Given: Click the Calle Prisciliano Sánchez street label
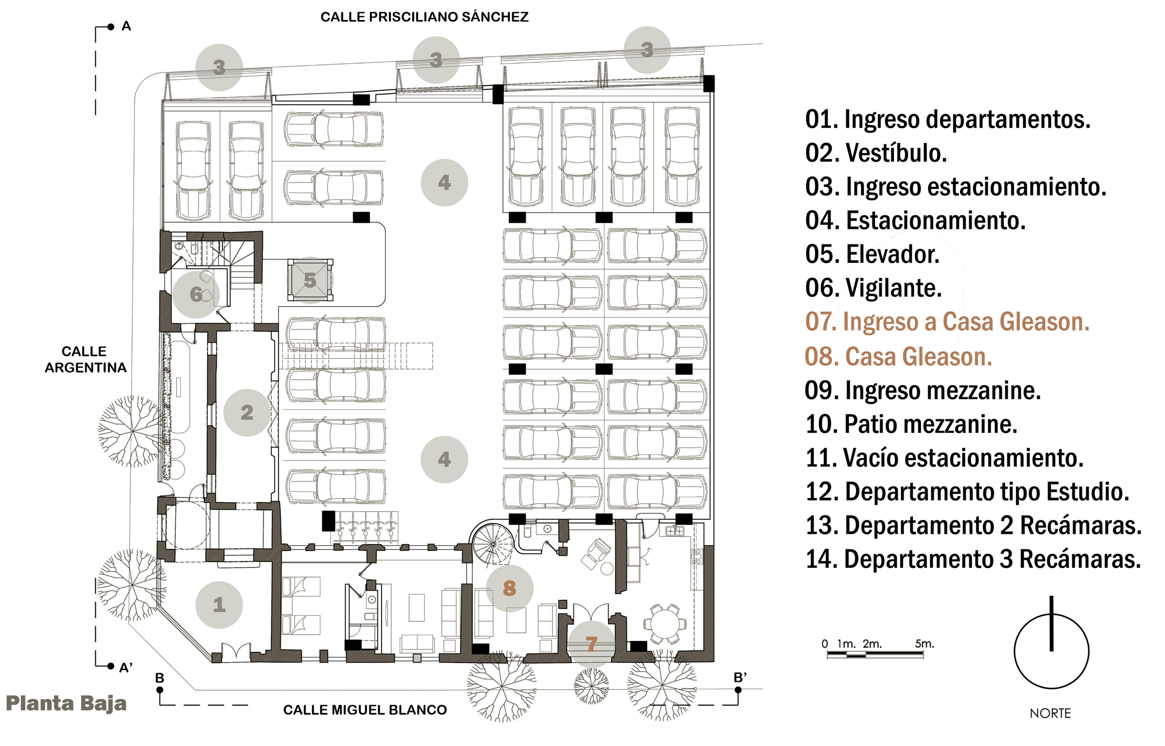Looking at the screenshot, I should pyautogui.click(x=424, y=17).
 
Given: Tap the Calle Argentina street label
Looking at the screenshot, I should pyautogui.click(x=85, y=359).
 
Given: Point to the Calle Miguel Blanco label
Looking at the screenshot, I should pyautogui.click(x=365, y=710).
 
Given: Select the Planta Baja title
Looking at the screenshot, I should pyautogui.click(x=66, y=703).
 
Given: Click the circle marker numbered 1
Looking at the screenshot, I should pyautogui.click(x=219, y=604).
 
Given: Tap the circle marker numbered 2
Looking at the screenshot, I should pyautogui.click(x=247, y=412).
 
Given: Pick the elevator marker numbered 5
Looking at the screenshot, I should pyautogui.click(x=310, y=280).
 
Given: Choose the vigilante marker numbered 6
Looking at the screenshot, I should pyautogui.click(x=196, y=294).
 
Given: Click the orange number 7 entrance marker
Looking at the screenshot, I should pyautogui.click(x=591, y=644).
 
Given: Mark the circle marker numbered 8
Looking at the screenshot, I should pyautogui.click(x=509, y=588).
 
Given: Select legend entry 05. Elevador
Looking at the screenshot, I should pyautogui.click(x=872, y=254).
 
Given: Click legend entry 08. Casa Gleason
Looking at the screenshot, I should pyautogui.click(x=898, y=357).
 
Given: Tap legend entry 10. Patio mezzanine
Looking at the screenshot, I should pyautogui.click(x=911, y=424).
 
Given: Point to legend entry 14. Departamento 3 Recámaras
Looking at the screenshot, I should pyautogui.click(x=973, y=559).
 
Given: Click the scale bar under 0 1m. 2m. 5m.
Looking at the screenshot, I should pyautogui.click(x=875, y=654).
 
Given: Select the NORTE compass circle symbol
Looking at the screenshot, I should pyautogui.click(x=1051, y=651).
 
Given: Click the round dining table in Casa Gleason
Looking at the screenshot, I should pyautogui.click(x=665, y=623).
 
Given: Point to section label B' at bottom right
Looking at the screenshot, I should pyautogui.click(x=740, y=678).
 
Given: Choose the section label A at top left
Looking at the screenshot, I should pyautogui.click(x=126, y=26).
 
